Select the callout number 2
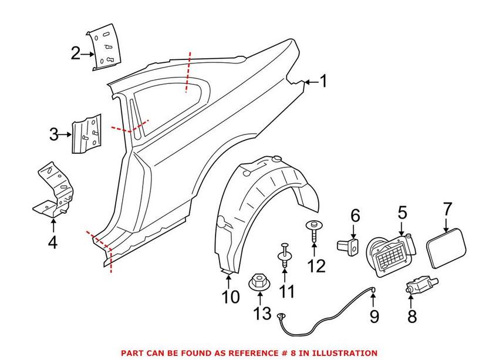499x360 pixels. tap(76, 53)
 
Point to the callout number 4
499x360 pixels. tap(53, 241)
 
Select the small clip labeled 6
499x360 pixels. tap(348, 246)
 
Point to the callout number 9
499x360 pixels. tap(374, 317)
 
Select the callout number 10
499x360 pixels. tap(231, 297)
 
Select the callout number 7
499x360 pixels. tap(447, 209)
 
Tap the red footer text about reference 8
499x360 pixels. tap(249, 353)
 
